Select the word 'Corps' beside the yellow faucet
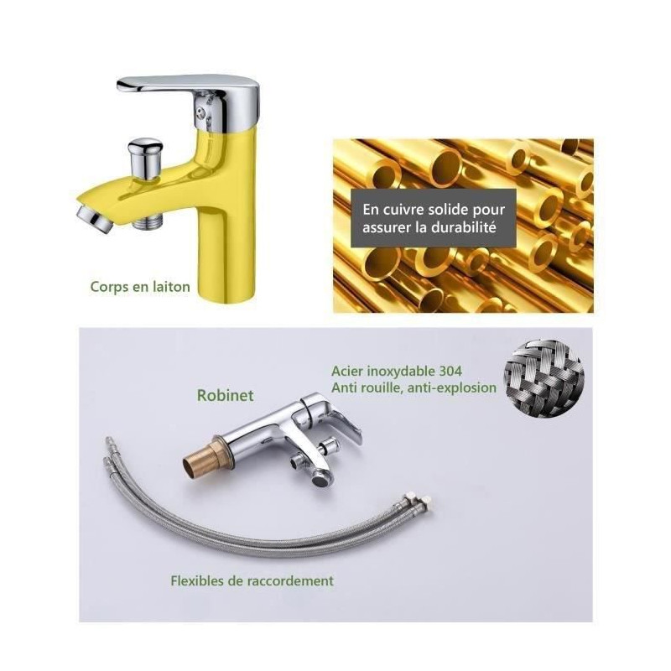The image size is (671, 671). [110, 288]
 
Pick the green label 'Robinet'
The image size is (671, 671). [225, 395]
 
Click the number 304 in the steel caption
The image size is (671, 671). [450, 371]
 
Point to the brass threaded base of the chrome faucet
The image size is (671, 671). [204, 457]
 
